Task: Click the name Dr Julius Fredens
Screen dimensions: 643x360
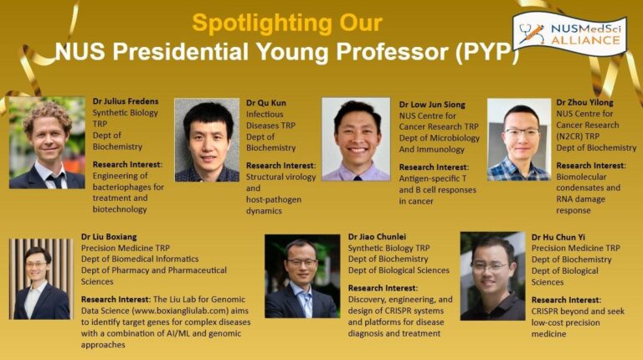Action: [x=126, y=101]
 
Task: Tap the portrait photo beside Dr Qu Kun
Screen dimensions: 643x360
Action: [x=207, y=140]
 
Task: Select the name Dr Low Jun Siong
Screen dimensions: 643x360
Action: [x=432, y=105]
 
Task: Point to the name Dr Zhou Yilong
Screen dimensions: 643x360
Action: [x=584, y=102]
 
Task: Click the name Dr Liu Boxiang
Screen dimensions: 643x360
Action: [x=109, y=237]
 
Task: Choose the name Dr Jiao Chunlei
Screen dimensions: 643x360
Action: [x=377, y=237]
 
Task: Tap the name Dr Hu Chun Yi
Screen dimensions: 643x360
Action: [x=558, y=237]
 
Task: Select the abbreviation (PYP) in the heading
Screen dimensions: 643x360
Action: [x=487, y=52]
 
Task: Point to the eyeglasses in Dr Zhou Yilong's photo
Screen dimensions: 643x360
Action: [x=522, y=132]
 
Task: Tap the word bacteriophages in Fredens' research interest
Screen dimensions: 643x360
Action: [x=128, y=188]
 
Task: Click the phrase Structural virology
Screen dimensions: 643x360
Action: [x=281, y=177]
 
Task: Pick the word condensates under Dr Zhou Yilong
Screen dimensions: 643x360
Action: [x=588, y=188]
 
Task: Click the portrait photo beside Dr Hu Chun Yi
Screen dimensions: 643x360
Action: [x=492, y=276]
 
